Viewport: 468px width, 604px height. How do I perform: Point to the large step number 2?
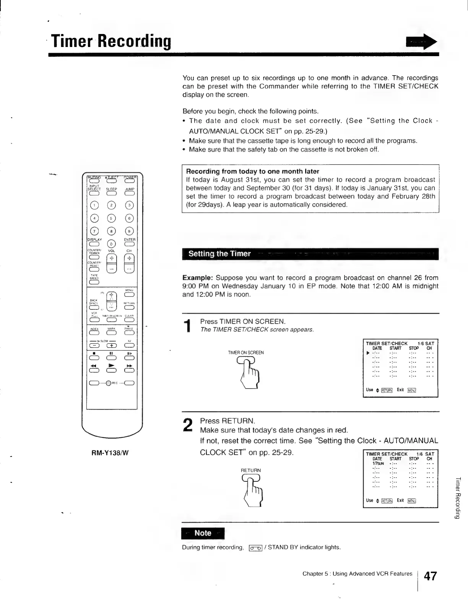point(188,425)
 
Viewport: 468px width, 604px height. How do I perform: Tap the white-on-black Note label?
point(203,533)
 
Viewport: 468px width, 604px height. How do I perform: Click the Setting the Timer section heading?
point(219,254)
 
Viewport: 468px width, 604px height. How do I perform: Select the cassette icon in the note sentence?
point(255,548)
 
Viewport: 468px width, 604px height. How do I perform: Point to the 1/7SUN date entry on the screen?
point(378,463)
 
